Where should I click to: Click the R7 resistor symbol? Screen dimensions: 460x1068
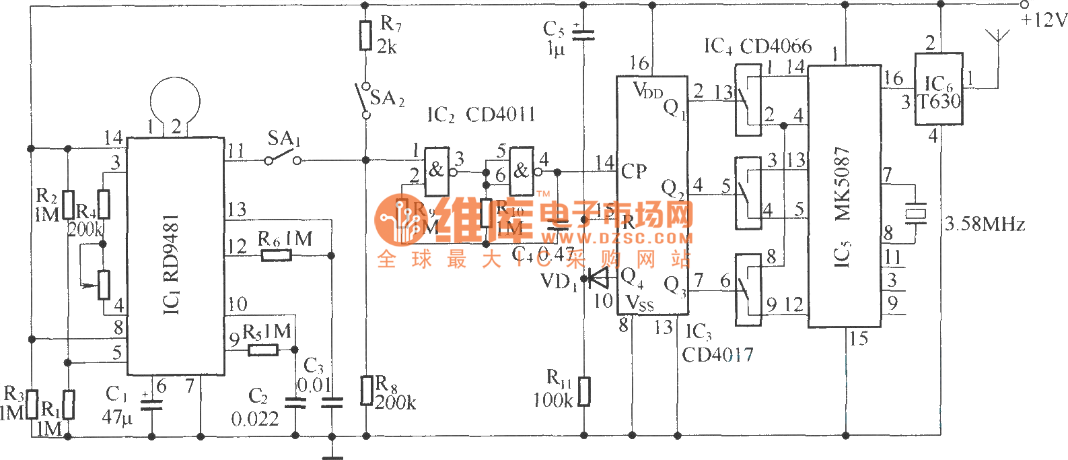tap(365, 36)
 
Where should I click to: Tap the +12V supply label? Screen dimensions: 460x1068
tap(1044, 21)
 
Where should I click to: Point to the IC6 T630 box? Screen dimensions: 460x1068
tap(939, 89)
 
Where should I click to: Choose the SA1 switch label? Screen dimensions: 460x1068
tap(283, 139)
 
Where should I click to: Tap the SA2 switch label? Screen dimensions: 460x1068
tap(387, 98)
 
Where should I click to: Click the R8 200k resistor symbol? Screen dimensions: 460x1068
tap(367, 390)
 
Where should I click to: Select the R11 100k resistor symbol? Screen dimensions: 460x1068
tap(583, 391)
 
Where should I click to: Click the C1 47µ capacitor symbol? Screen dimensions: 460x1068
tap(151, 404)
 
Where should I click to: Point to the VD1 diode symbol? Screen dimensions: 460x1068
tap(596, 277)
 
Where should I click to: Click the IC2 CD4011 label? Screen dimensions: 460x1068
tap(481, 114)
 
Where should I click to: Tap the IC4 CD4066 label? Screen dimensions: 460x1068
tap(758, 46)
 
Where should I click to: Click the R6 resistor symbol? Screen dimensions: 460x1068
tap(277, 255)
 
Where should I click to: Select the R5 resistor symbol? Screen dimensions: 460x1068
tap(263, 350)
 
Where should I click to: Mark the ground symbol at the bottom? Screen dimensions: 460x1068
tap(332, 451)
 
